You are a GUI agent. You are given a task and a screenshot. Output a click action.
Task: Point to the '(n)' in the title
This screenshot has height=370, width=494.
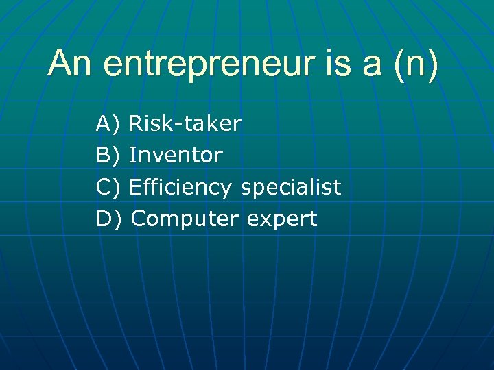click(x=414, y=66)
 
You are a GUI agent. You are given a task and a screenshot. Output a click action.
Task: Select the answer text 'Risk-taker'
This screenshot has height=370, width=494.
click(x=185, y=124)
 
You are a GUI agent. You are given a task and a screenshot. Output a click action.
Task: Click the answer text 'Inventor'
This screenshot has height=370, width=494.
click(x=176, y=156)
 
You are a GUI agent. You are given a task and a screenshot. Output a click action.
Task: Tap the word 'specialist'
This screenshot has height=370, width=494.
click(x=290, y=187)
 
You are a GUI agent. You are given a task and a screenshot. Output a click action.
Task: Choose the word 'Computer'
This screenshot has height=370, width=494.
click(x=184, y=219)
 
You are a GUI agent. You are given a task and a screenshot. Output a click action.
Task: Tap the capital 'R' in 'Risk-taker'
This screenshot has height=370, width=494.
click(x=135, y=124)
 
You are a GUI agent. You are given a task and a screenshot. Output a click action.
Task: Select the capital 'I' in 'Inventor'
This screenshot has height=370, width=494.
click(x=131, y=156)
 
